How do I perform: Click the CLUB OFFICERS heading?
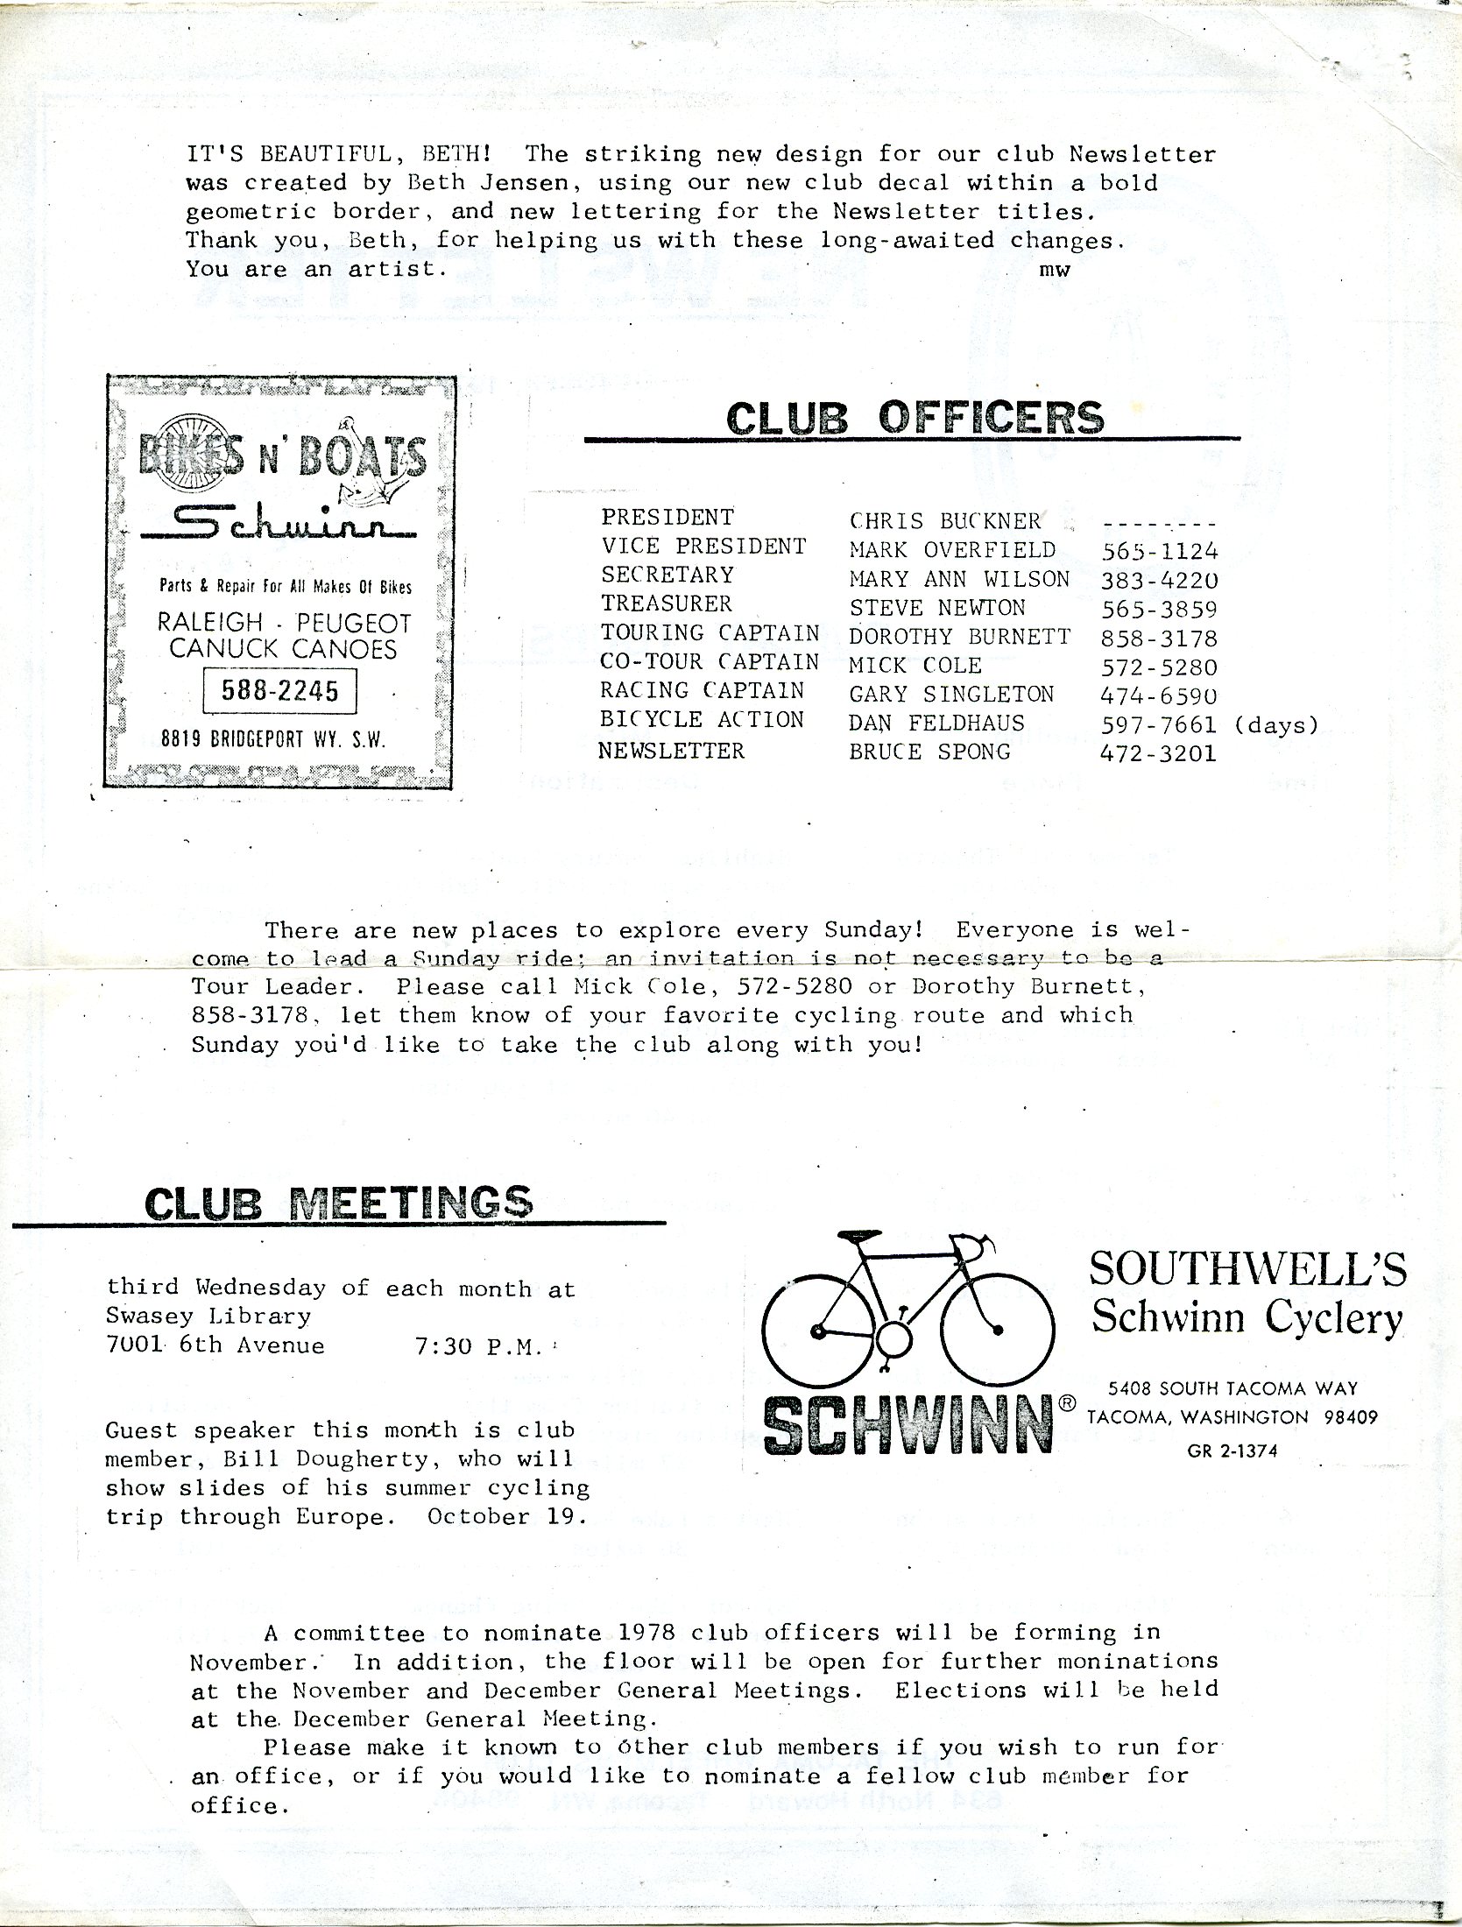click(x=915, y=418)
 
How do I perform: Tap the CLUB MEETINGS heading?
click(x=338, y=1202)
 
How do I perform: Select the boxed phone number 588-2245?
click(x=281, y=692)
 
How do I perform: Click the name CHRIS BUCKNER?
click(x=945, y=521)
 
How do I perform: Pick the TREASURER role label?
click(x=666, y=604)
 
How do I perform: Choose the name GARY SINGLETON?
click(x=951, y=695)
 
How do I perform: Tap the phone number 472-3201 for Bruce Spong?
click(x=1158, y=753)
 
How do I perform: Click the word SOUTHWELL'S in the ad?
click(x=1247, y=1267)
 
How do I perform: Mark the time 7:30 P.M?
click(x=477, y=1346)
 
